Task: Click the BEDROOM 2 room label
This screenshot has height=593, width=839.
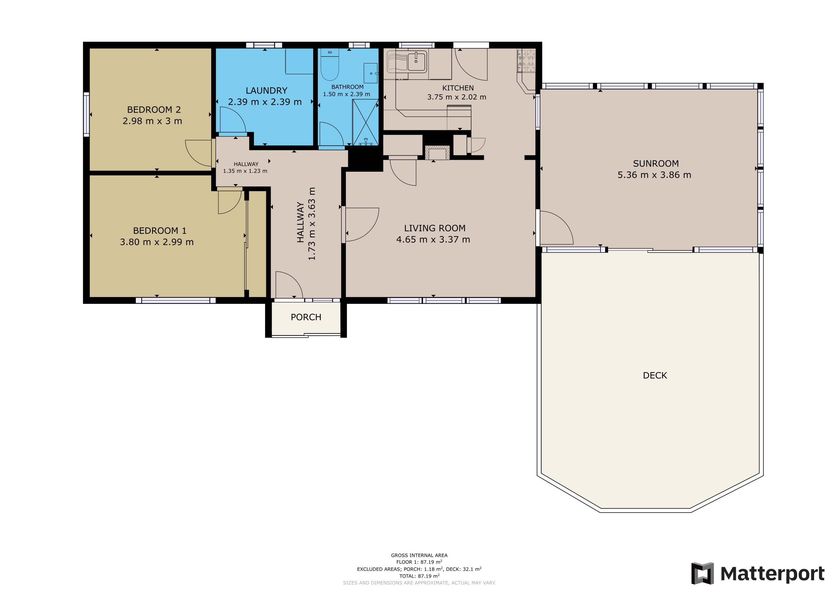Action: pos(154,109)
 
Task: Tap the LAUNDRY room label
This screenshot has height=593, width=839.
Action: pos(267,91)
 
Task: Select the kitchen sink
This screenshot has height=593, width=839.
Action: pos(417,61)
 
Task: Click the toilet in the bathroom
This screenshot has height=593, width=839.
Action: pos(330,65)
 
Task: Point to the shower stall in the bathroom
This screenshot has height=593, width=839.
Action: pos(365,122)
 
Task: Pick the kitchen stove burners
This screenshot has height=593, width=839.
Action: pos(526,61)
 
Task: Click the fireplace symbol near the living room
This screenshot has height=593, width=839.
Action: pos(437,153)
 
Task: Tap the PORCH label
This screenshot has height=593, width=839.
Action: pos(306,317)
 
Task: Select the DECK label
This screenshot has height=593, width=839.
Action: pos(655,375)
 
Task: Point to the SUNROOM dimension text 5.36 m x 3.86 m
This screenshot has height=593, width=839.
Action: pos(654,175)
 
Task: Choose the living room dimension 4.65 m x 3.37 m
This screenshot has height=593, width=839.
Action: pos(433,239)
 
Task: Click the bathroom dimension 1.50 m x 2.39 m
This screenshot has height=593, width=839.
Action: pos(346,94)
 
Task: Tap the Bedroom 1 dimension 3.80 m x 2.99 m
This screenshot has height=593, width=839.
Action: pos(157,242)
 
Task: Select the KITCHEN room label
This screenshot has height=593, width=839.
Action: pos(458,88)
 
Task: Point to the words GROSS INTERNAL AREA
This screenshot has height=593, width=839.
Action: pos(419,555)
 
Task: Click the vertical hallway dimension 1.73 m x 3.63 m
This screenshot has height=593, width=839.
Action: pos(306,224)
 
